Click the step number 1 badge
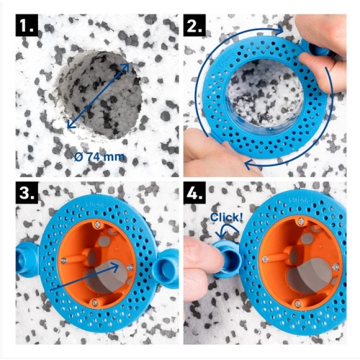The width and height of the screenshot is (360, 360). pos(27,25)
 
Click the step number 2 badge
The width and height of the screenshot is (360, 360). pos(194,25)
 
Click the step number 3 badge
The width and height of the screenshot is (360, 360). pos(27,193)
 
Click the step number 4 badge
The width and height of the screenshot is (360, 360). pos(194,193)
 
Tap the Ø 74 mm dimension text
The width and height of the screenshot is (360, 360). pos(99,157)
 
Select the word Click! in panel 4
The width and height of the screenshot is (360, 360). pos(227,217)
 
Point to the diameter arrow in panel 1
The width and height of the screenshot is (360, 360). pos(98,95)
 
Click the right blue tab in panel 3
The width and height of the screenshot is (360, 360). pos(166,267)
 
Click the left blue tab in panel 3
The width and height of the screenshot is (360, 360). pos(27,261)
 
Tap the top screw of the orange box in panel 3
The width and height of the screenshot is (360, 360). pos(97,225)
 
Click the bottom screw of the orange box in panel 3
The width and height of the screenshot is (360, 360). pos(95,302)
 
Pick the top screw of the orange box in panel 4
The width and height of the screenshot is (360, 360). pos(301,221)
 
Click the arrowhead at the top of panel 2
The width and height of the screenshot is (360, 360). pos(279,30)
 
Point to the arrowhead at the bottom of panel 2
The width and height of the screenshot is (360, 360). pos(248,164)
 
